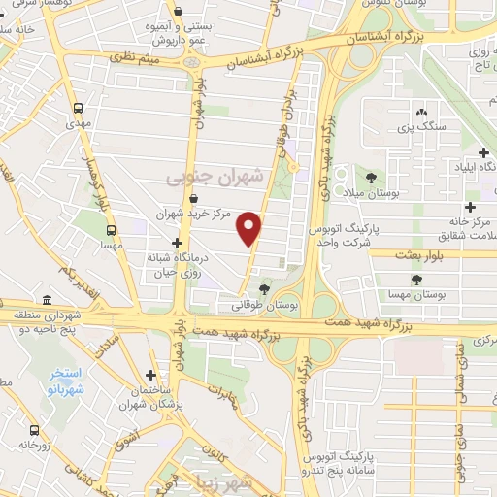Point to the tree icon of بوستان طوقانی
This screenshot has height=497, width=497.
click(x=265, y=288)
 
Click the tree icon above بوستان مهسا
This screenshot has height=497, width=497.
click(x=416, y=280)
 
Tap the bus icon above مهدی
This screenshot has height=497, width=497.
click(x=77, y=110)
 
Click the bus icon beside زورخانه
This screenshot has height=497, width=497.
click(x=35, y=429)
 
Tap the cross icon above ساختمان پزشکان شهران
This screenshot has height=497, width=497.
click(x=150, y=375)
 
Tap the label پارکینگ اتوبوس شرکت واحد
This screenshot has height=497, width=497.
click(x=344, y=236)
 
